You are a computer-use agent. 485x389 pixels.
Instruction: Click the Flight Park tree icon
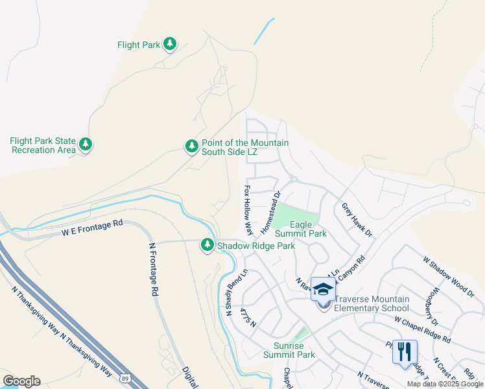coord(169,44)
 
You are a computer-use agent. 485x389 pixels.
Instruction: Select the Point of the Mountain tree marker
coord(191,147)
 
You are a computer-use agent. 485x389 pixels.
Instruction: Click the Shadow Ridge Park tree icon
coord(207,245)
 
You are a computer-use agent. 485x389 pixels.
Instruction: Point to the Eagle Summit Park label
coord(300,228)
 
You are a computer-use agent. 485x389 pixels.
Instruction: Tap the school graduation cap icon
coord(323,289)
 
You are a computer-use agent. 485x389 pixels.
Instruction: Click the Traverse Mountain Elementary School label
coord(372,303)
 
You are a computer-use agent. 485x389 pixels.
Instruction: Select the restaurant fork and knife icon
coord(404,352)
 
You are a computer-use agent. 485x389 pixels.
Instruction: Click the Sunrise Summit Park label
coord(289,350)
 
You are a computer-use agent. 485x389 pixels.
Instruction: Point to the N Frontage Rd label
coord(154,270)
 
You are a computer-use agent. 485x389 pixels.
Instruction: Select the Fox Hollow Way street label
coord(248,210)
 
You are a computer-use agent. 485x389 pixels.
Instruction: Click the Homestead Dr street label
coord(269,213)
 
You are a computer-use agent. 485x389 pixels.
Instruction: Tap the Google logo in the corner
coord(21,381)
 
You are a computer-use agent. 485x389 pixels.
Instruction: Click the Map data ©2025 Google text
coord(445,384)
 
